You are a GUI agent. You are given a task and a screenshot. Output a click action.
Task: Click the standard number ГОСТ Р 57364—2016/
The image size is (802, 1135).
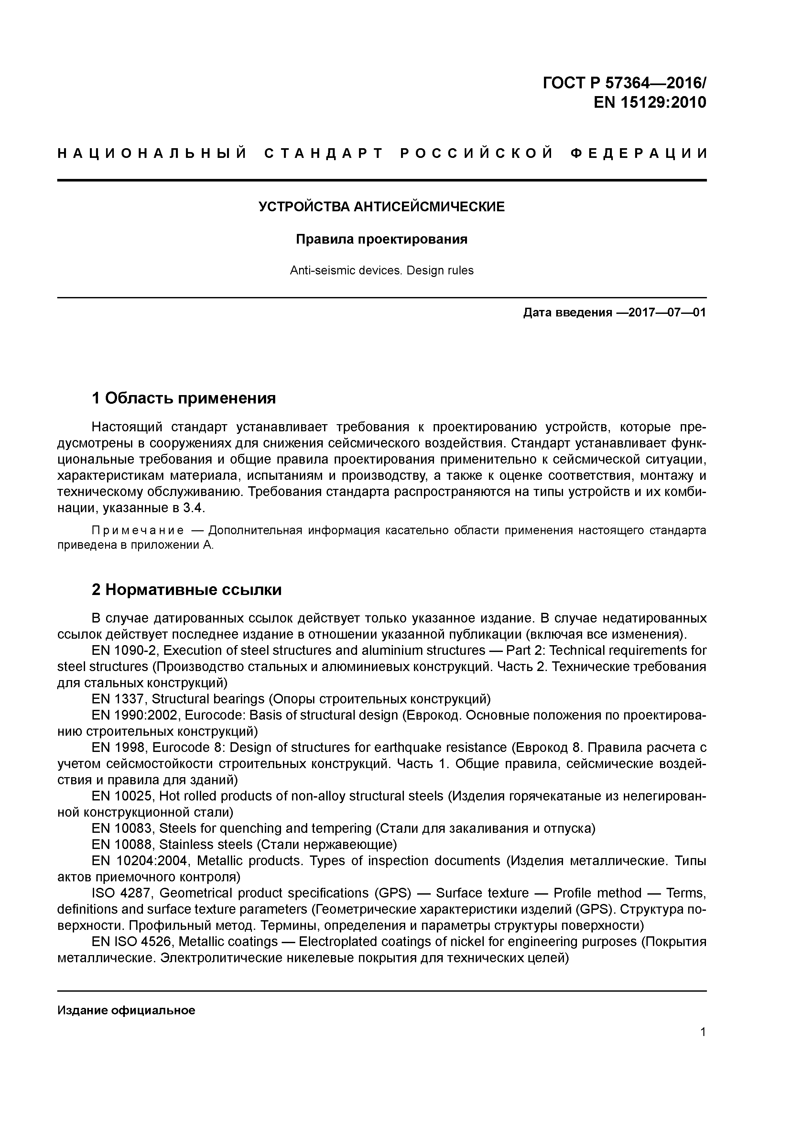[x=624, y=83]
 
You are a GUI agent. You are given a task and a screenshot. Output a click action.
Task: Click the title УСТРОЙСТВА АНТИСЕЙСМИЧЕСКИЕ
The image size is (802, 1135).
[x=382, y=207]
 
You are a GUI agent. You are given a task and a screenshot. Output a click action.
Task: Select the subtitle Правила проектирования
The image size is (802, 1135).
[x=382, y=239]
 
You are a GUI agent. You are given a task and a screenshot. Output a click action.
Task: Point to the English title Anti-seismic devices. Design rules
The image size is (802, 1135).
[x=382, y=270]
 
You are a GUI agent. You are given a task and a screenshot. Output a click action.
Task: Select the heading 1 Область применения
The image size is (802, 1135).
[x=183, y=397]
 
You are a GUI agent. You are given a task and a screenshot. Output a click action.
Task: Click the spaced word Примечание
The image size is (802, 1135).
[x=138, y=530]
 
